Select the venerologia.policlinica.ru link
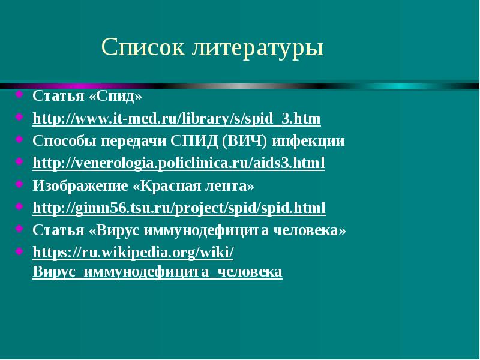point(178,163)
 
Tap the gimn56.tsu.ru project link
point(179,208)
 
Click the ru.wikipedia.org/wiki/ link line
point(133,253)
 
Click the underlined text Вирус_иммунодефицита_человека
point(157,272)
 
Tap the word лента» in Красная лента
point(236,185)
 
